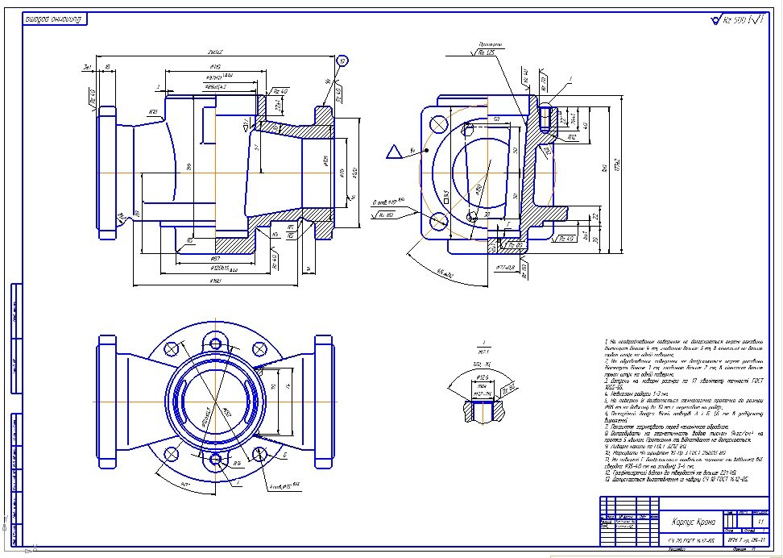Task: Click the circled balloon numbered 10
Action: (x=342, y=61)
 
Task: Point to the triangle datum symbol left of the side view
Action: (x=394, y=151)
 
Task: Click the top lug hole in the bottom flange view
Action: (x=215, y=343)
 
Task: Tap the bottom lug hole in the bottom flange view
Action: (x=215, y=460)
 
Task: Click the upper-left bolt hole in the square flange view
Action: (x=439, y=125)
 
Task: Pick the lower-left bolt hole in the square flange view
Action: (x=439, y=220)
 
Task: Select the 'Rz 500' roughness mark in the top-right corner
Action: (x=735, y=19)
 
